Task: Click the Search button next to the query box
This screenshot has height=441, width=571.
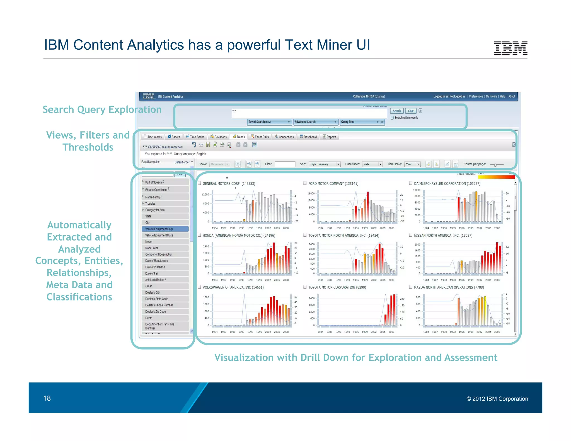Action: [396, 111]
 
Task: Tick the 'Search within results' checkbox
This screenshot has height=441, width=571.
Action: [392, 118]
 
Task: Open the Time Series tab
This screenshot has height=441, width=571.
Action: [195, 137]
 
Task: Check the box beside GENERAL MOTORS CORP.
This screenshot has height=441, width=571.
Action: [199, 183]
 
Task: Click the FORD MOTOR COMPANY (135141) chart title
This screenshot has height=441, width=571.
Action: [333, 183]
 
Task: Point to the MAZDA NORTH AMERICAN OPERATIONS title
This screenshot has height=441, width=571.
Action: [449, 287]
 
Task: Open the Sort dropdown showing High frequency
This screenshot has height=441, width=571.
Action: [325, 164]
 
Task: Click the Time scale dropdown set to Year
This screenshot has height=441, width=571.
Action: [412, 164]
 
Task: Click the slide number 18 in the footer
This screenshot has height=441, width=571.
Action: [47, 398]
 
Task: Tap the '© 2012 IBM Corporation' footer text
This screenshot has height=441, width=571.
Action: [497, 399]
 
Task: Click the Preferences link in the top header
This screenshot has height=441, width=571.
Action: [476, 96]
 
